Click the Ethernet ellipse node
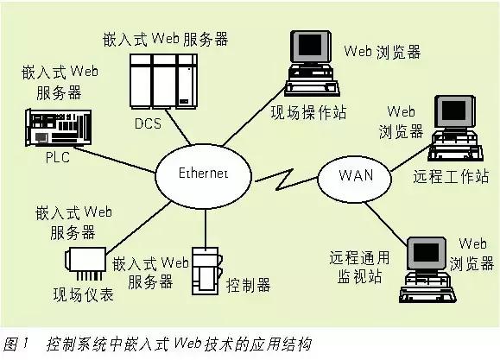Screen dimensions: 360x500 point(204,174)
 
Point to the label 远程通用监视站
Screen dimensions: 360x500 point(360,268)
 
